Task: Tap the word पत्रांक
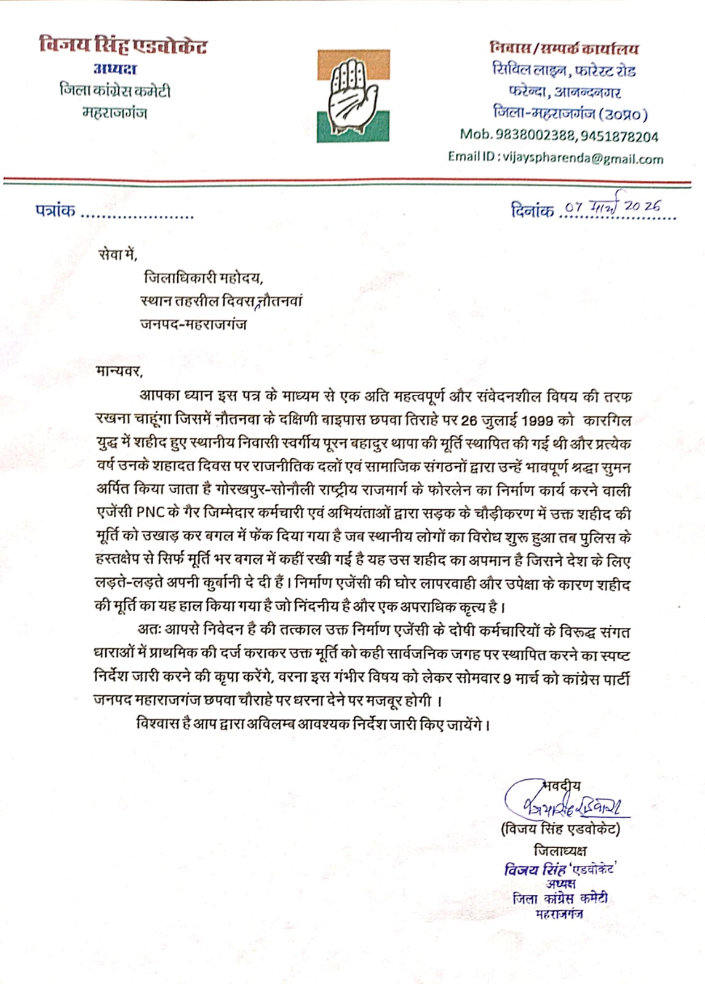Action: click(x=55, y=211)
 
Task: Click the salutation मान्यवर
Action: click(x=119, y=371)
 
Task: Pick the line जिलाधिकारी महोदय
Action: click(x=204, y=278)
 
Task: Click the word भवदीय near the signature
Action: click(x=562, y=785)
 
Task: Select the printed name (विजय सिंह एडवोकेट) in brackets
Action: click(x=560, y=829)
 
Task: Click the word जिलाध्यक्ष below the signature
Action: click(x=560, y=851)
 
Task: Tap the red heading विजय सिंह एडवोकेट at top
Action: click(x=122, y=46)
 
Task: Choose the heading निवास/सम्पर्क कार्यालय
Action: click(x=564, y=48)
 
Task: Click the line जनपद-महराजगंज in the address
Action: click(x=193, y=324)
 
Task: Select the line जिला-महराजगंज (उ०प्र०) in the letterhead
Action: click(x=570, y=113)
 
